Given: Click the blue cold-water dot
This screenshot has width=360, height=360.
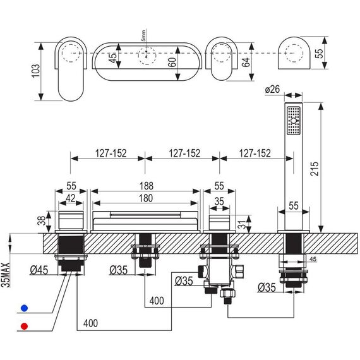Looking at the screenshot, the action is pyautogui.click(x=25, y=308).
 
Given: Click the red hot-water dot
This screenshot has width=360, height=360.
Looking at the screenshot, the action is pyautogui.click(x=25, y=327).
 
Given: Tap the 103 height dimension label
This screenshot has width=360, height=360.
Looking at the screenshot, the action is pyautogui.click(x=35, y=71).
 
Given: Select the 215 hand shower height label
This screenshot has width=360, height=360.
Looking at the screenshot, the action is pyautogui.click(x=315, y=169).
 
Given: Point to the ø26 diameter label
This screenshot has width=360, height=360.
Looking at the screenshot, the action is pyautogui.click(x=272, y=89).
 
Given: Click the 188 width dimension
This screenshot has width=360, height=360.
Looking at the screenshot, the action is pyautogui.click(x=147, y=186).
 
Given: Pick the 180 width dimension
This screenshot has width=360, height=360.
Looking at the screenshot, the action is pyautogui.click(x=145, y=198).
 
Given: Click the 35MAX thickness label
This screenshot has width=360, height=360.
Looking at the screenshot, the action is pyautogui.click(x=6, y=275).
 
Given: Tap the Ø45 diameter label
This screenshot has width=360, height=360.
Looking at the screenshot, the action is pyautogui.click(x=39, y=270).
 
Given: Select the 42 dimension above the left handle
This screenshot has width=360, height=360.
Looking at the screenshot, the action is pyautogui.click(x=71, y=198).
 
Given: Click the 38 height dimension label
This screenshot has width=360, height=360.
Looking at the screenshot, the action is pyautogui.click(x=42, y=221).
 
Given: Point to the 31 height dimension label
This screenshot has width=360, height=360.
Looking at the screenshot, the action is pyautogui.click(x=241, y=224).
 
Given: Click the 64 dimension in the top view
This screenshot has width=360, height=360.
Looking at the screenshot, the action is pyautogui.click(x=246, y=62).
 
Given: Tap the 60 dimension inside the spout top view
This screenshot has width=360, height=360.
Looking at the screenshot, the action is pyautogui.click(x=172, y=62).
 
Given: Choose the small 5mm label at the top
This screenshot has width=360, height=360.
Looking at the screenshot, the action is pyautogui.click(x=143, y=35).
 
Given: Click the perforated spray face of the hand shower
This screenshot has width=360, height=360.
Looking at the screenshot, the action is pyautogui.click(x=294, y=121).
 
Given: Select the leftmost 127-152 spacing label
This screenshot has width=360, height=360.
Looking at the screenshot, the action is pyautogui.click(x=111, y=153).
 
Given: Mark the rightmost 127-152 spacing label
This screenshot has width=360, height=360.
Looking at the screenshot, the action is pyautogui.click(x=255, y=153).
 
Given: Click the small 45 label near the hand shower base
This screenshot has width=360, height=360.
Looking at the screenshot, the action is pyautogui.click(x=313, y=259).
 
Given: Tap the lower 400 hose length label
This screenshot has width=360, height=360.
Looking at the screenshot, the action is pyautogui.click(x=91, y=323).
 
